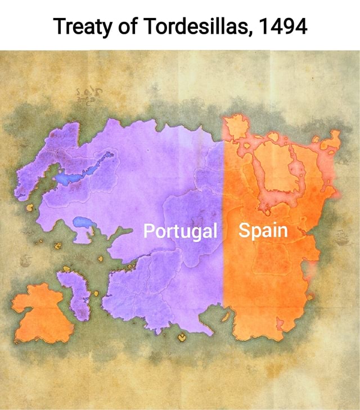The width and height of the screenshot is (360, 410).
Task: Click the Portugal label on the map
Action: click(x=180, y=231)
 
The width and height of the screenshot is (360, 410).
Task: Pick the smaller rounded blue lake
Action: click(x=82, y=223)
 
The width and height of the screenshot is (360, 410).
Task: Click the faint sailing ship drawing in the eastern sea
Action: click(x=343, y=242)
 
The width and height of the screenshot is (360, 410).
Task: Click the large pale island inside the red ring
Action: click(x=281, y=169)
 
